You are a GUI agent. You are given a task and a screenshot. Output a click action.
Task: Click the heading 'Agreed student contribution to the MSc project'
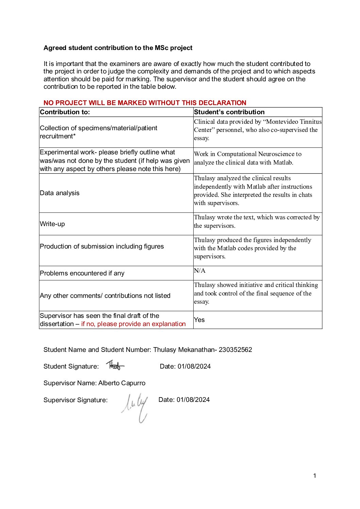pos(118,48)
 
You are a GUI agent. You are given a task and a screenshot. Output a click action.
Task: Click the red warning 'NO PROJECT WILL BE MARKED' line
pos(145,103)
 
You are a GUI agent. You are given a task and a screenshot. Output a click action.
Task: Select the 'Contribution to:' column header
pos(65,112)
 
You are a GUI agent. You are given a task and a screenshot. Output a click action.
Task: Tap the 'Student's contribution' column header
pos(229,112)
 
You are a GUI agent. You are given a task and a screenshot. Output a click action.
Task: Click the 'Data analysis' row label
pos(60,193)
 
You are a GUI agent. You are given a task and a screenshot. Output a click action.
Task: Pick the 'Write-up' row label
pos(52,224)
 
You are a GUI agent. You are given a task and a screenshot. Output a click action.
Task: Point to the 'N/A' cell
pos(200,271)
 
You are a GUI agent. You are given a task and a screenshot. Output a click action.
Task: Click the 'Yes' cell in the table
pos(199,320)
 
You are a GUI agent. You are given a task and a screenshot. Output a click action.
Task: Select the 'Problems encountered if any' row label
pos(82,273)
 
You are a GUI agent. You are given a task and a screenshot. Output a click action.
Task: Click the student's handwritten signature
pos(115,366)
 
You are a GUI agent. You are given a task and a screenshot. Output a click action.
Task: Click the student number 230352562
pos(235,350)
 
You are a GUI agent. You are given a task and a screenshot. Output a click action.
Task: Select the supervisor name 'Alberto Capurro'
pos(122,383)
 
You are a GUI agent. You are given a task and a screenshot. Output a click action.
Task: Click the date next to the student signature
pos(194,367)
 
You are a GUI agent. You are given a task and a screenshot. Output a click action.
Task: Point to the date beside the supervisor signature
pos(193,400)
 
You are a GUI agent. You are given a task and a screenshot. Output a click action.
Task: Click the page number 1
pos(315,476)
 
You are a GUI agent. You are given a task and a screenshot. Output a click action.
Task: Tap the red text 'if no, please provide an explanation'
pos(133,324)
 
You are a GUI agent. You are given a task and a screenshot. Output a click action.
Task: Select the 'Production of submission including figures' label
pos(102,247)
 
